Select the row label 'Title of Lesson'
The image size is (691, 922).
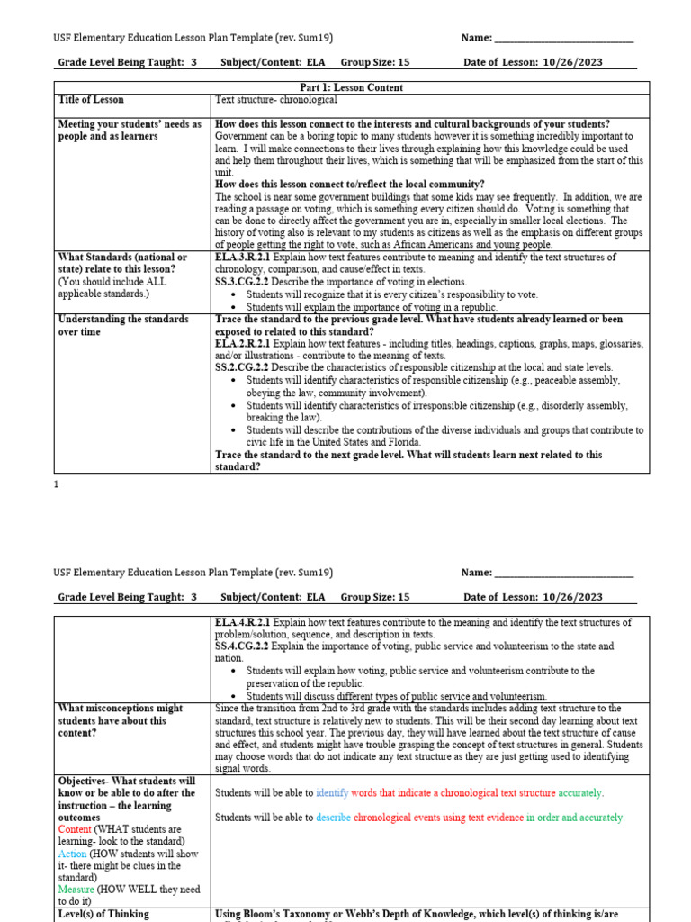click(x=91, y=99)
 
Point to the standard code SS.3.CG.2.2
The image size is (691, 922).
click(x=240, y=282)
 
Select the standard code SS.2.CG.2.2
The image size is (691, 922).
click(x=240, y=367)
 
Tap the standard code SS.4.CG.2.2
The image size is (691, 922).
click(x=240, y=646)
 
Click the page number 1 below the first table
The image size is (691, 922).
click(x=57, y=484)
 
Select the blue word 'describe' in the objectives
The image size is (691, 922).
click(x=333, y=818)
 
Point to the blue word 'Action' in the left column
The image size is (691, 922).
click(x=72, y=854)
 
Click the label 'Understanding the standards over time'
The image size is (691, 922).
click(x=123, y=325)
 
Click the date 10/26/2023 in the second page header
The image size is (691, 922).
click(x=572, y=597)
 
